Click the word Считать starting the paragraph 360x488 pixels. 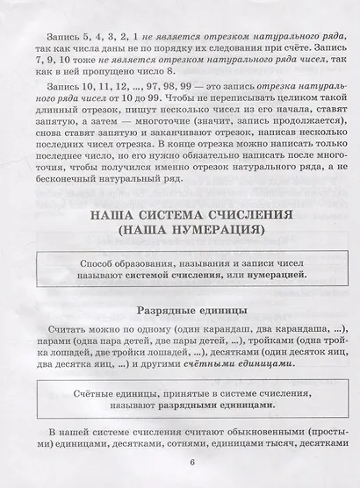point(63,327)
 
